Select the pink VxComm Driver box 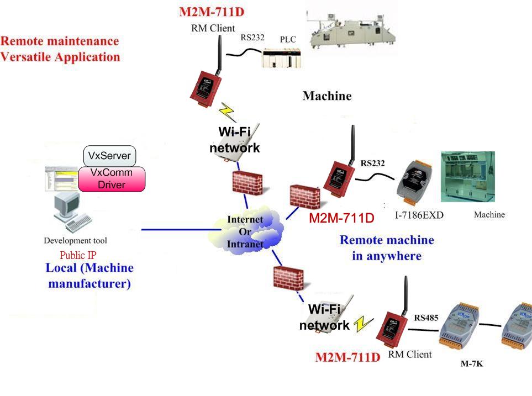(112, 179)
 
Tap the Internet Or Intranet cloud (245, 232)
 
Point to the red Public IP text (78, 255)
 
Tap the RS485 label (426, 318)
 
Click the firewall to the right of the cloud (305, 197)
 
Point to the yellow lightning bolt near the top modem (227, 112)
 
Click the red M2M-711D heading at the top (212, 12)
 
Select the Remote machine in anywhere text (387, 248)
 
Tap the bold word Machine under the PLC (327, 96)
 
